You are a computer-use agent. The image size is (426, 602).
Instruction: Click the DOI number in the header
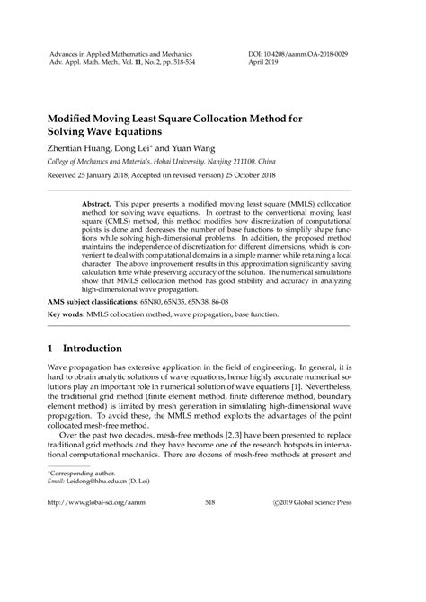[314, 55]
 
